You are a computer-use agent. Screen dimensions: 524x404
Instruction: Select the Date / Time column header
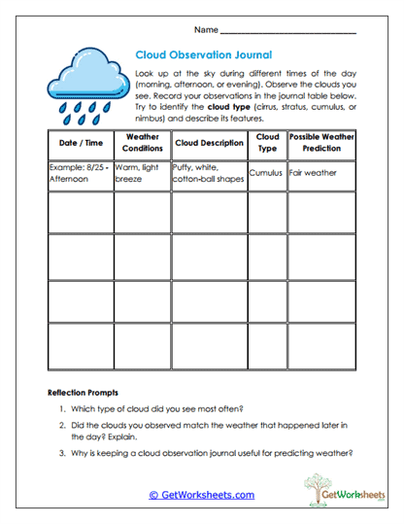(80, 143)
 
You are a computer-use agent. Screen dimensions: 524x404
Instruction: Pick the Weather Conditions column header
(143, 143)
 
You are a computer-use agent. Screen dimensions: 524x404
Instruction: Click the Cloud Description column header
(209, 143)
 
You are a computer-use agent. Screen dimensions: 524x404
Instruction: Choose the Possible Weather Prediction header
(322, 143)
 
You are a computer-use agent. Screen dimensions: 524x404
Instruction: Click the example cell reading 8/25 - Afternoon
(80, 173)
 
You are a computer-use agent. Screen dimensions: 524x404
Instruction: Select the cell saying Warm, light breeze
(142, 173)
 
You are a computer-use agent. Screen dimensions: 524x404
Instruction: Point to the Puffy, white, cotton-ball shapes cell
(208, 173)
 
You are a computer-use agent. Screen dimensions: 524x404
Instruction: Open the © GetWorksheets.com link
(202, 495)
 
